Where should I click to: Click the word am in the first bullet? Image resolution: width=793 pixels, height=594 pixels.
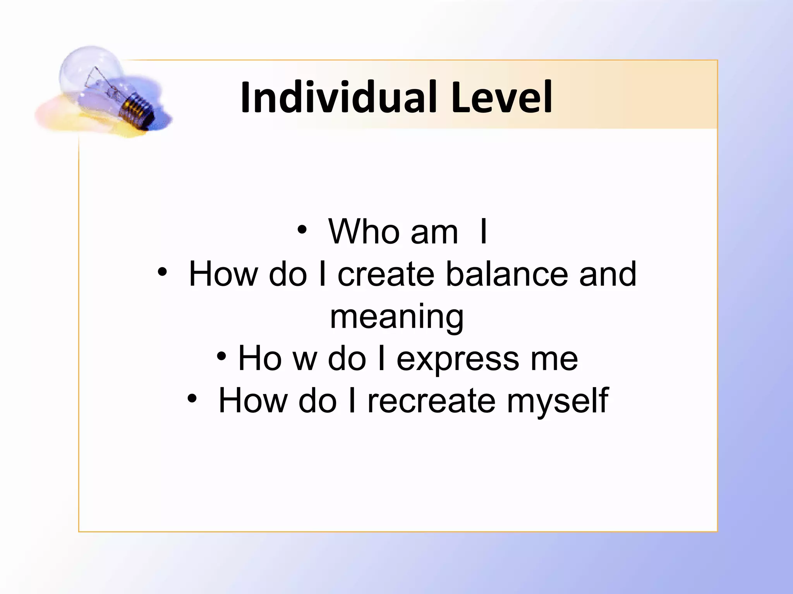click(x=434, y=233)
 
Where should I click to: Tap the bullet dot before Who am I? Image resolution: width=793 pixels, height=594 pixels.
click(x=302, y=230)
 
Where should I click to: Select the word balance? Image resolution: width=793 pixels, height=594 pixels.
click(x=507, y=274)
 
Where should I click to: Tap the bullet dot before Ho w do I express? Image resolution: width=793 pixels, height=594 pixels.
click(x=221, y=356)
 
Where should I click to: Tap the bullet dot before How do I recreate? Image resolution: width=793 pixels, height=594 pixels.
click(x=192, y=398)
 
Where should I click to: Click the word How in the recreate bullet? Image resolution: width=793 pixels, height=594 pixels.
click(x=253, y=401)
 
